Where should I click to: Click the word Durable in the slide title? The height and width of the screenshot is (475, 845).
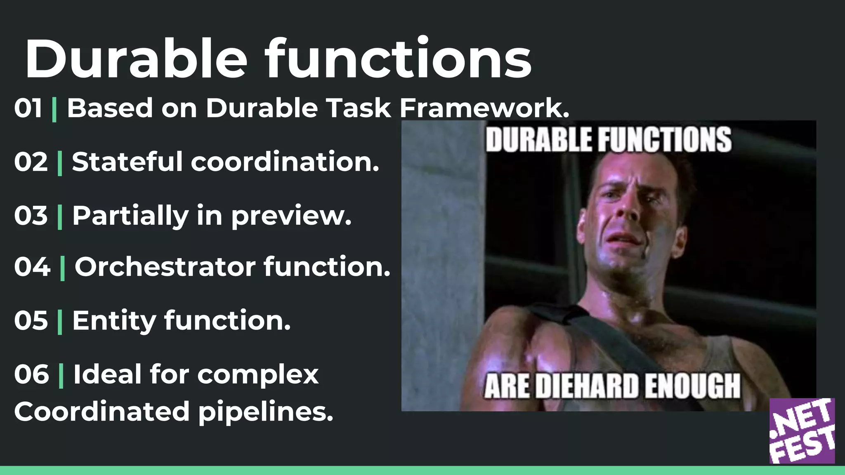136,60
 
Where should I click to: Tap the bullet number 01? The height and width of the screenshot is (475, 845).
28,108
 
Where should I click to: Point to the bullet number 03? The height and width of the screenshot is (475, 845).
31,216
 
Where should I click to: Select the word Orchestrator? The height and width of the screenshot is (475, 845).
165,267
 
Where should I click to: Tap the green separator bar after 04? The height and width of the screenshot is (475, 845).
63,268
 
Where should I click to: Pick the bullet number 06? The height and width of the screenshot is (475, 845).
31,374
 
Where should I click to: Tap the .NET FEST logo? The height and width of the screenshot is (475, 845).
802,431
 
